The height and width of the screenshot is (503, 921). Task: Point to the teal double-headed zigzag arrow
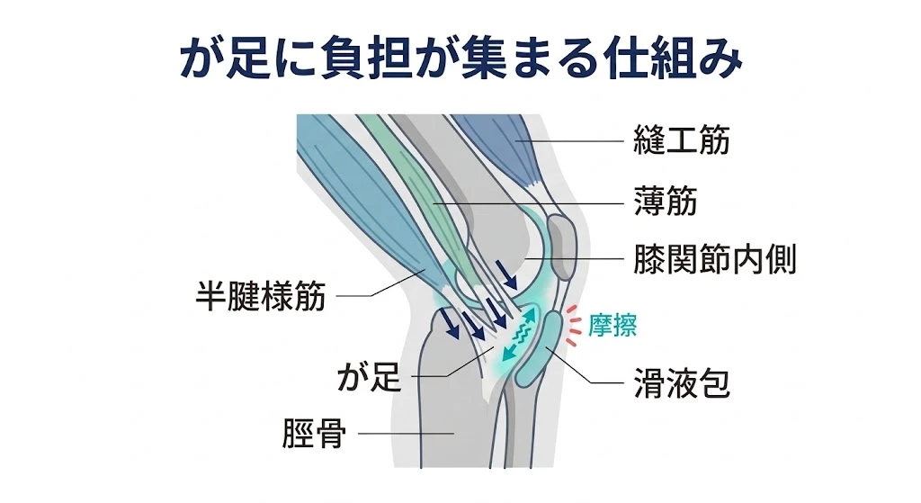(x=520, y=333)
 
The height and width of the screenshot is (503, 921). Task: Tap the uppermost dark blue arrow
(x=506, y=274)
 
